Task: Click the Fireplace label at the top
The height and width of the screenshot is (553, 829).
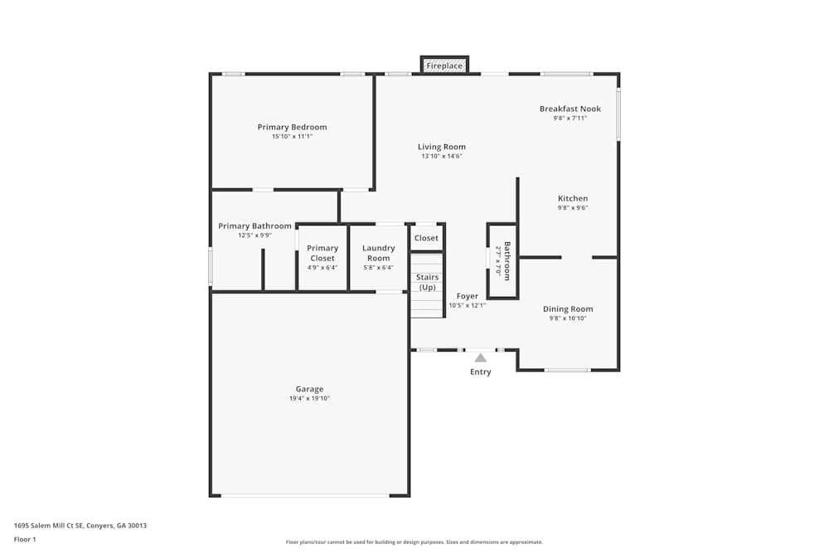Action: pyautogui.click(x=444, y=65)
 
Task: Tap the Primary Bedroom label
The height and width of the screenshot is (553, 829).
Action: pyautogui.click(x=292, y=127)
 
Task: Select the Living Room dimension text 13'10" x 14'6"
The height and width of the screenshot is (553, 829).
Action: pyautogui.click(x=442, y=156)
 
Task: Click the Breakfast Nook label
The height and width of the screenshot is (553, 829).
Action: pyautogui.click(x=570, y=109)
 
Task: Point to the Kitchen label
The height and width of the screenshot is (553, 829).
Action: pyautogui.click(x=572, y=198)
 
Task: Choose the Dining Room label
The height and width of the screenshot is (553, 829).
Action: pyautogui.click(x=568, y=309)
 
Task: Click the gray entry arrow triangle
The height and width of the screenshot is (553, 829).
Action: pyautogui.click(x=480, y=357)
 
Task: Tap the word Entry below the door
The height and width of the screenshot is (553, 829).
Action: pyautogui.click(x=480, y=372)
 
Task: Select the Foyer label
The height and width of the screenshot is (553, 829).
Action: pyautogui.click(x=468, y=296)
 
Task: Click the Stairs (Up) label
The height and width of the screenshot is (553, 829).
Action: pyautogui.click(x=427, y=282)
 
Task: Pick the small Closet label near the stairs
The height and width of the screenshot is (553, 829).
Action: pyautogui.click(x=426, y=238)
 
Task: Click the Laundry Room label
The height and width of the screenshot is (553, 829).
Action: pyautogui.click(x=378, y=253)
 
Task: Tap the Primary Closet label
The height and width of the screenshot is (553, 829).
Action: pyautogui.click(x=322, y=253)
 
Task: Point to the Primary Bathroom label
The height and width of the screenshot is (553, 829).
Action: pyautogui.click(x=255, y=226)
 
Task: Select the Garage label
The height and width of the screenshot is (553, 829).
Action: pyautogui.click(x=309, y=389)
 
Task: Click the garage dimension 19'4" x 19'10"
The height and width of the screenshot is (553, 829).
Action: pyautogui.click(x=309, y=399)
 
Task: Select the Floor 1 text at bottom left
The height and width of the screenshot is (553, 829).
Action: pyautogui.click(x=25, y=539)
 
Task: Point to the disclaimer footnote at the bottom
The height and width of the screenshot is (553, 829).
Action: pyautogui.click(x=414, y=542)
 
